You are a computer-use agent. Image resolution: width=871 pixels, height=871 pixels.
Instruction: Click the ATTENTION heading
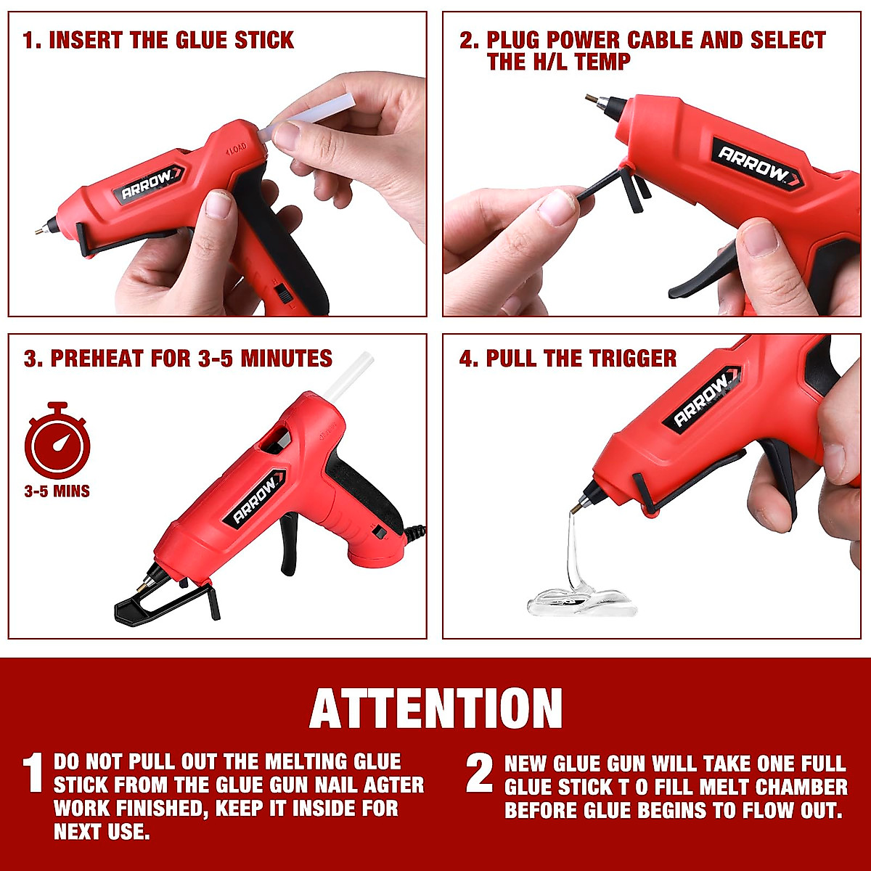pyautogui.click(x=435, y=708)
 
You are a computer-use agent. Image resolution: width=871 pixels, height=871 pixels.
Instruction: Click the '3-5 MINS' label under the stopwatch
pyautogui.click(x=57, y=491)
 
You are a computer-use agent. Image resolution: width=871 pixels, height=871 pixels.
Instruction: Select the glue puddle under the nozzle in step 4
pyautogui.click(x=581, y=602)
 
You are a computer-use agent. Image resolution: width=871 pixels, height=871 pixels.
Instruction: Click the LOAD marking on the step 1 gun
pyautogui.click(x=236, y=148)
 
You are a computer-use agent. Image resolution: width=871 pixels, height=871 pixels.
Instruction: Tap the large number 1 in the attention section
pyautogui.click(x=33, y=774)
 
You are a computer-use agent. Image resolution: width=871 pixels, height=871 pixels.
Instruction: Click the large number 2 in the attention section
pyautogui.click(x=479, y=774)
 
